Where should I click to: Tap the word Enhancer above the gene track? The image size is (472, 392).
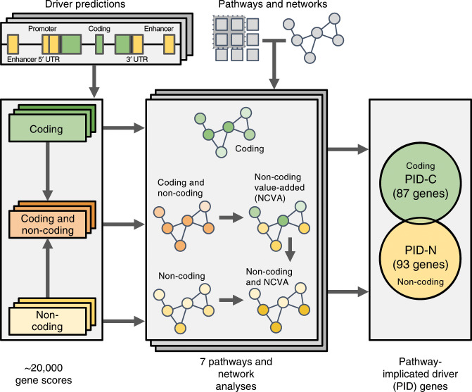[x=160, y=30]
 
